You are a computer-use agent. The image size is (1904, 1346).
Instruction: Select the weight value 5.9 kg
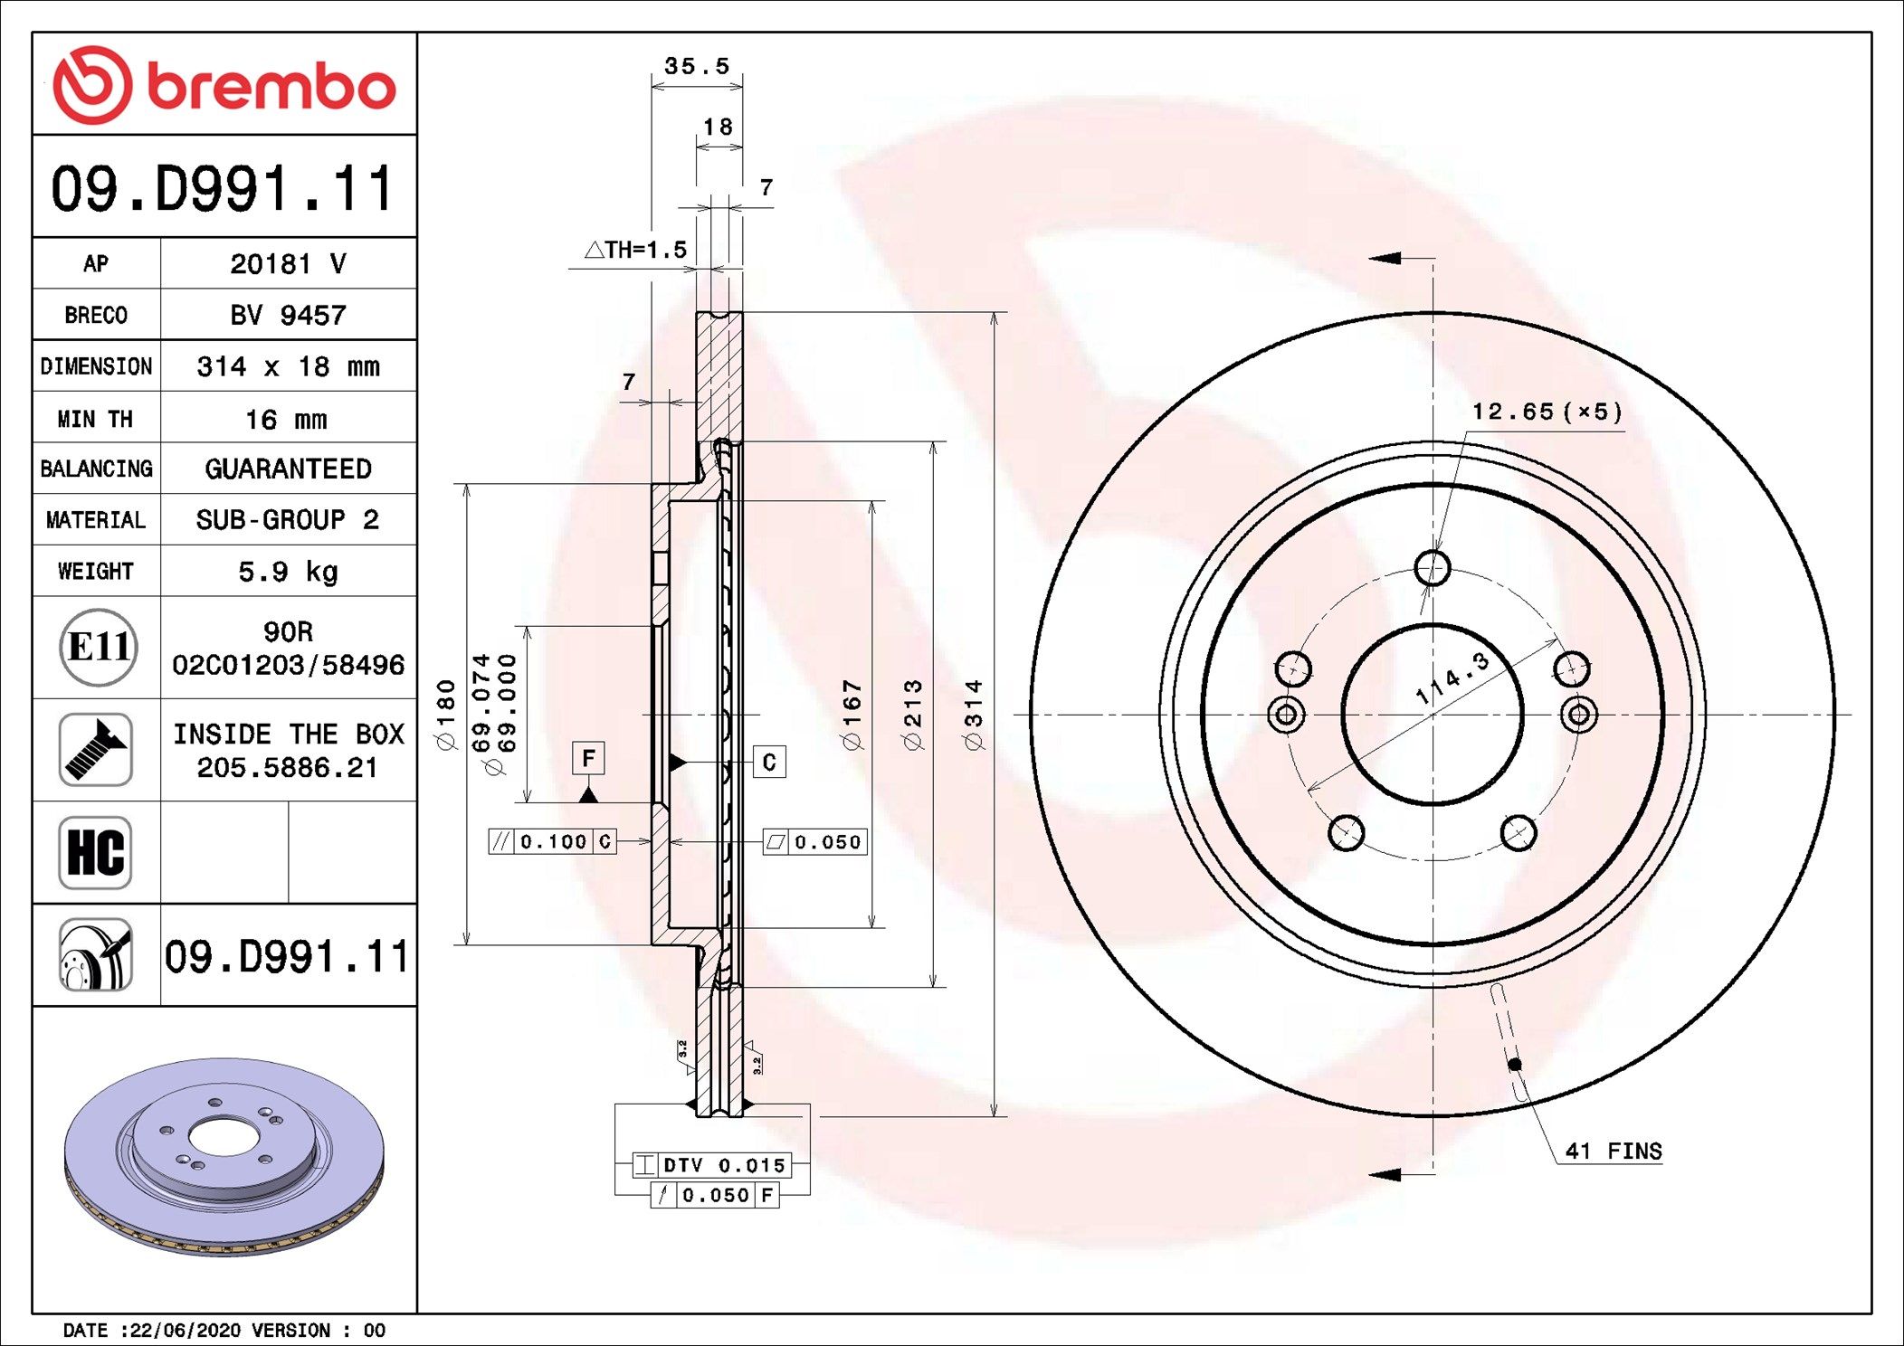click(288, 572)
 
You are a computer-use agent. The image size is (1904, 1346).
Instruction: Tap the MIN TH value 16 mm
click(286, 420)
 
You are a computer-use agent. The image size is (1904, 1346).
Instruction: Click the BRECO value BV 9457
click(288, 315)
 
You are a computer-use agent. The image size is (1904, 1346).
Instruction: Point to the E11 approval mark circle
click(99, 647)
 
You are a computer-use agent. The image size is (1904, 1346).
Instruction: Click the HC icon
click(95, 852)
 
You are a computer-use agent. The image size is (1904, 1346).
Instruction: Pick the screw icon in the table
click(95, 749)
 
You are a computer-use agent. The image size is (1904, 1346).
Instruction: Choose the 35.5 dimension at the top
click(697, 66)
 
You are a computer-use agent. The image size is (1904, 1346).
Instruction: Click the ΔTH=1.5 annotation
click(635, 250)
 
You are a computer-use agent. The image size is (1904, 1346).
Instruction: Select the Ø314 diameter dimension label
click(974, 715)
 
